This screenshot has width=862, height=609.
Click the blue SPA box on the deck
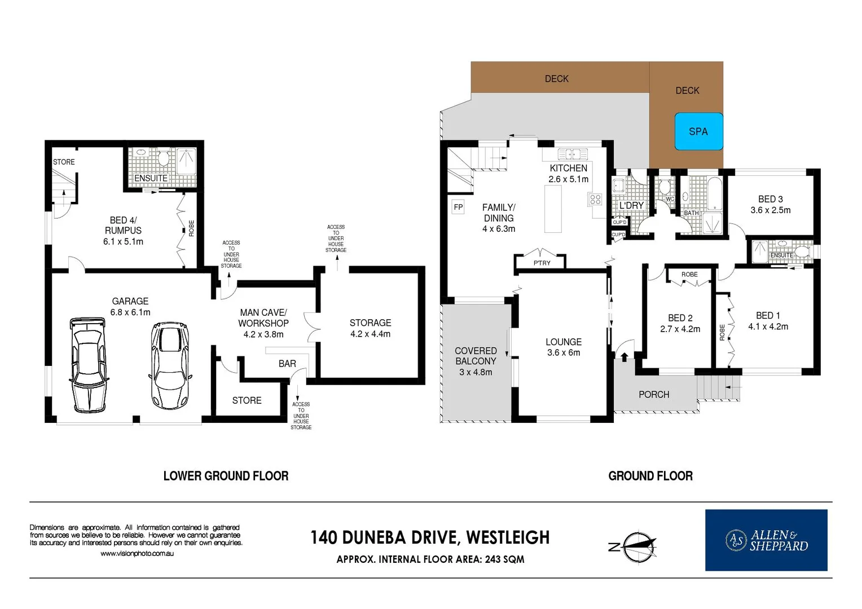pyautogui.click(x=698, y=131)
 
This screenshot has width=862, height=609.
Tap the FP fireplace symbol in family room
pyautogui.click(x=458, y=207)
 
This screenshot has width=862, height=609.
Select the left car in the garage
pyautogui.click(x=88, y=365)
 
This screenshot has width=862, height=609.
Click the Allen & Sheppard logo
pyautogui.click(x=766, y=540)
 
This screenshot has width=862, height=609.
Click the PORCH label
pyautogui.click(x=654, y=395)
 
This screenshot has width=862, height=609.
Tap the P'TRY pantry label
pyautogui.click(x=542, y=263)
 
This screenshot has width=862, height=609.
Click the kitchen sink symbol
pyautogui.click(x=573, y=154)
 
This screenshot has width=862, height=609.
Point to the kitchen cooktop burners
pyautogui.click(x=595, y=198)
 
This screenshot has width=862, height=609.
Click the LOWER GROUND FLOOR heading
pyautogui.click(x=226, y=476)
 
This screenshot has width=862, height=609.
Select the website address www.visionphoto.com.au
pyautogui.click(x=137, y=554)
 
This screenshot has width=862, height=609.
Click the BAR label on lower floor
pyautogui.click(x=287, y=364)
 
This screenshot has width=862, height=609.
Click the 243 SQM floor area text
pyautogui.click(x=504, y=559)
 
